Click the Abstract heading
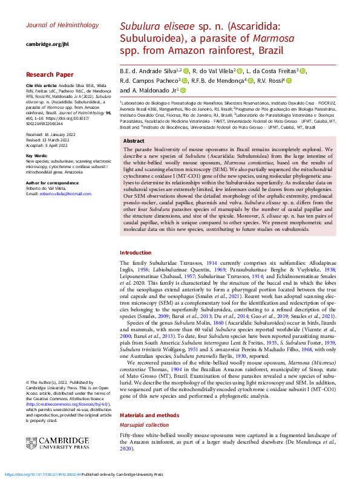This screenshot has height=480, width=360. pos(134,141)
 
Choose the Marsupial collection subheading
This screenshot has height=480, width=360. pos(145,426)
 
